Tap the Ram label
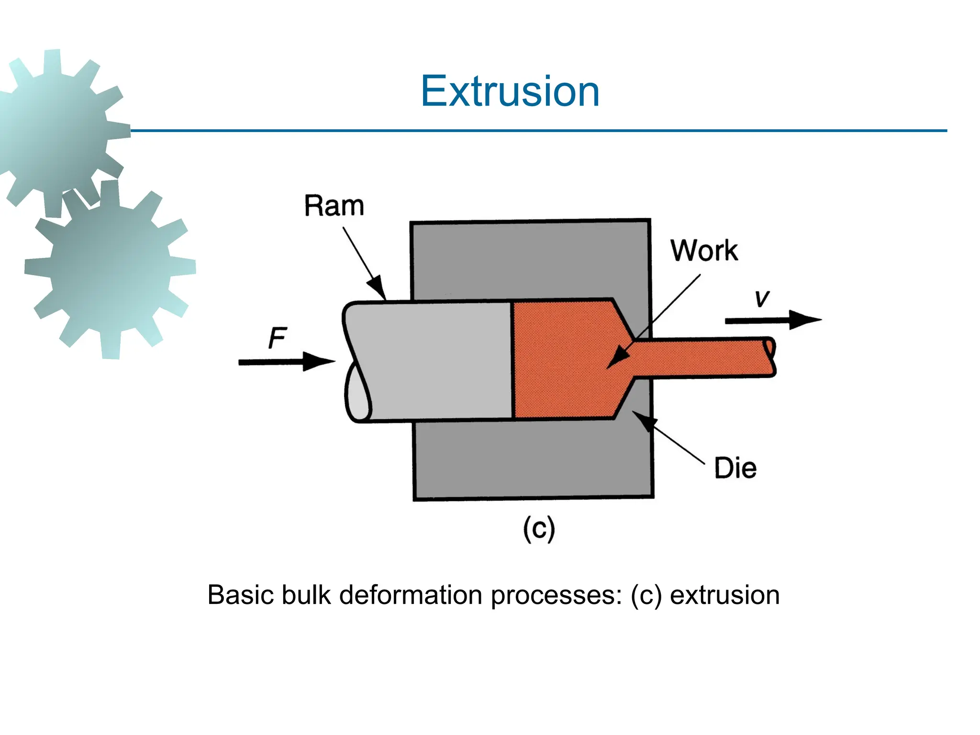334,206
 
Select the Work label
704,250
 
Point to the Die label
735,468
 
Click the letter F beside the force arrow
278,338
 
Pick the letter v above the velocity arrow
762,299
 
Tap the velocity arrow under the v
772,320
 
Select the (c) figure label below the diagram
539,528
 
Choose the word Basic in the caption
242,595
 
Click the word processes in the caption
556,595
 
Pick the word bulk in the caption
306,595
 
